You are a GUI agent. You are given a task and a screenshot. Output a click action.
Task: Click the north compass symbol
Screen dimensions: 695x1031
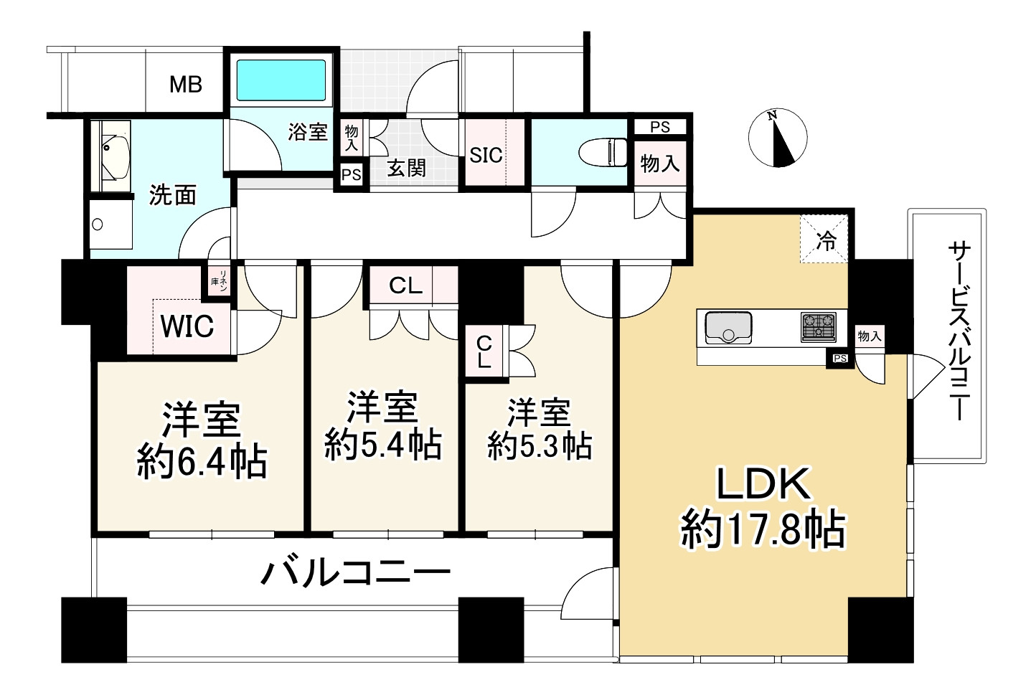coord(777,138)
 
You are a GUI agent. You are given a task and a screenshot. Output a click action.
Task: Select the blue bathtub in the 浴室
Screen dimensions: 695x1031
coord(281,80)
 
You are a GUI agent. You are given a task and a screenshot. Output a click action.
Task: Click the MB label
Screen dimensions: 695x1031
coord(186,85)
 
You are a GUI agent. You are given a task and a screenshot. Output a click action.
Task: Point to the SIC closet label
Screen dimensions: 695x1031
coord(486,155)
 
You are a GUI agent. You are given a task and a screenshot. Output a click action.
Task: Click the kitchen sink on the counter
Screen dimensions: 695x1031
coord(728,327)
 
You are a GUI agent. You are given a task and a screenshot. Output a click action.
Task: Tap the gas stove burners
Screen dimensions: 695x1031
coord(818,327)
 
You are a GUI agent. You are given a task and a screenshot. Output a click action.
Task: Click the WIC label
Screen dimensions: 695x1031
coord(187,326)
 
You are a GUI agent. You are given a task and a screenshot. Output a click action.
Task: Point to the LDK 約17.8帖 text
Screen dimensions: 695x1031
coord(763,508)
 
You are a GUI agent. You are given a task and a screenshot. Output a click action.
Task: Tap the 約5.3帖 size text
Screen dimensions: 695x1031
coord(540,446)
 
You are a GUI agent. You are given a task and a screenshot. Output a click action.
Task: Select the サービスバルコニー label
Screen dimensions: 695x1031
coord(958,330)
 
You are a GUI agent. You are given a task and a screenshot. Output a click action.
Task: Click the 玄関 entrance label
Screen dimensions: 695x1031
coord(406,168)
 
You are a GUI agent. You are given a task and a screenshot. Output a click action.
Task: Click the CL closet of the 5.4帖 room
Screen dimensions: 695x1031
coord(405,285)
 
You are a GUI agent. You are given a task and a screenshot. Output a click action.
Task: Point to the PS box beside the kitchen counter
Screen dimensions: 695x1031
coord(840,358)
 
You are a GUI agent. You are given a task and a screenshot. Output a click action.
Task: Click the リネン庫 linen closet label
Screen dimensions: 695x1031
coord(218,280)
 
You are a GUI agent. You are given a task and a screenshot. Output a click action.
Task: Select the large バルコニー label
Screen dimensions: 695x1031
coord(355,573)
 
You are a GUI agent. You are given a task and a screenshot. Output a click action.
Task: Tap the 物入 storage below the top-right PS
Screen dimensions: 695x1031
coord(659,164)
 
